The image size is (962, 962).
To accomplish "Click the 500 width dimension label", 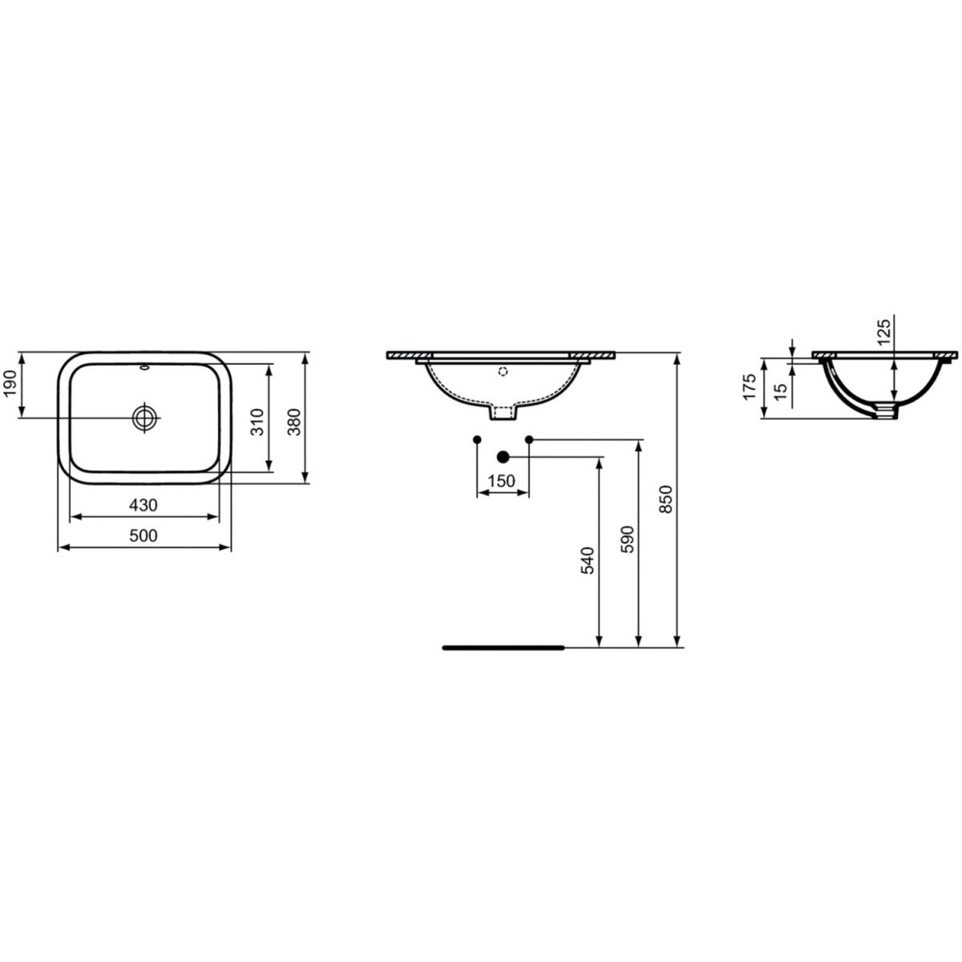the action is coord(143,536).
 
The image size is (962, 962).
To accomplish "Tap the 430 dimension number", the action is coord(143,506).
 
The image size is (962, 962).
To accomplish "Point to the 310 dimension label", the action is coord(257,422).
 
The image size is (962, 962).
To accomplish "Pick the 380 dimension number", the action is coord(294,422).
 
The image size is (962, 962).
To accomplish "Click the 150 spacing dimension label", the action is coord(501,481).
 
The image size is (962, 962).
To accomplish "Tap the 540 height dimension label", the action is coord(588,560).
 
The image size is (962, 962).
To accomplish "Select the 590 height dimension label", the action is coord(628,540).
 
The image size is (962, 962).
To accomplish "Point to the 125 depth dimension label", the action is coord(883,332).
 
